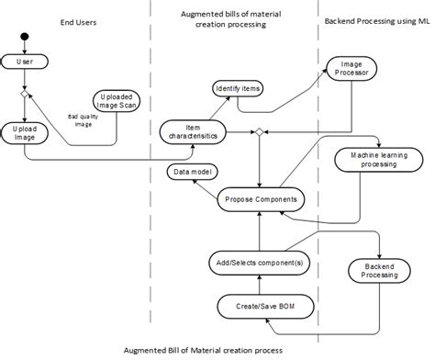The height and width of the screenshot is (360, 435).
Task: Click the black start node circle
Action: point(25,37)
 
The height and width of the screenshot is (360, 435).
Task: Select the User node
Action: point(25,62)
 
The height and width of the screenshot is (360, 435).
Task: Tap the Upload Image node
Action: point(25,133)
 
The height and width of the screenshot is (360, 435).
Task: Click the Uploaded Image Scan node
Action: point(117,101)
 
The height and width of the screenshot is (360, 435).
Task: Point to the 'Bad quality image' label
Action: point(84,120)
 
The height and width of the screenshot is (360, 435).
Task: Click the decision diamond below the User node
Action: point(25,94)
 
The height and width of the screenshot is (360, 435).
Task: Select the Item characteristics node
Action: point(193,132)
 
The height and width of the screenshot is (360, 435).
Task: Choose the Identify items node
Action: point(238,89)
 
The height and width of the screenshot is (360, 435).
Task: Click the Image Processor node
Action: point(351,69)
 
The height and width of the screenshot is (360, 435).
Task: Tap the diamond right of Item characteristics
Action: point(260,132)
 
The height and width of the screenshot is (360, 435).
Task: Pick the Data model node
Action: point(193,172)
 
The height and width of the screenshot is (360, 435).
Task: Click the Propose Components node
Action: point(261,199)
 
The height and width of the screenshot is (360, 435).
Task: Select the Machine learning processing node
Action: point(379,160)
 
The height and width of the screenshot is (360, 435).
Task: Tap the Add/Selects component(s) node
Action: point(260,263)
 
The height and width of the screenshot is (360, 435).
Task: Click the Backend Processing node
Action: point(379,271)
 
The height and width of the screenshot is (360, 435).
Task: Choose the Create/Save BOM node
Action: point(265,307)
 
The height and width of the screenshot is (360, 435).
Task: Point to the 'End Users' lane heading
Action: point(78,22)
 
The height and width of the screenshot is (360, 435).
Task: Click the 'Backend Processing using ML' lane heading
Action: point(377,21)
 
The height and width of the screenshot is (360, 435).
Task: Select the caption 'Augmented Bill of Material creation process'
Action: point(203,350)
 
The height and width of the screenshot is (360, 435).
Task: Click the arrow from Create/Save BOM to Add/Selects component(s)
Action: point(260,285)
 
